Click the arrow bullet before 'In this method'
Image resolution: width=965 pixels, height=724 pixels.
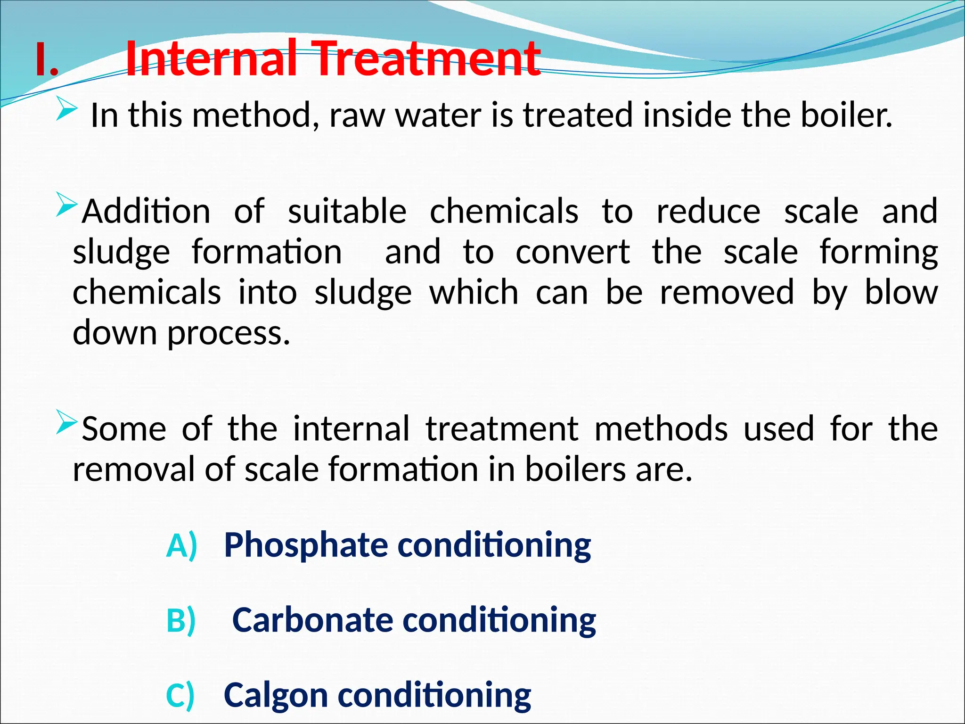pyautogui.click(x=66, y=111)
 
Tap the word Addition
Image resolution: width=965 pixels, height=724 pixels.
pyautogui.click(x=147, y=212)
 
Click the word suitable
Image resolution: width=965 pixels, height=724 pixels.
pyautogui.click(x=347, y=212)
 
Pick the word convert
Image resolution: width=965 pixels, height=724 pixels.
pyautogui.click(x=572, y=253)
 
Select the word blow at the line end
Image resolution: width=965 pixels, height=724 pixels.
pyautogui.click(x=901, y=293)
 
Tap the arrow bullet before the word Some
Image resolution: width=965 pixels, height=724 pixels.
pyautogui.click(x=66, y=421)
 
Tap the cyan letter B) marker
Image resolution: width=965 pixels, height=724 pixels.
pyautogui.click(x=181, y=621)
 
